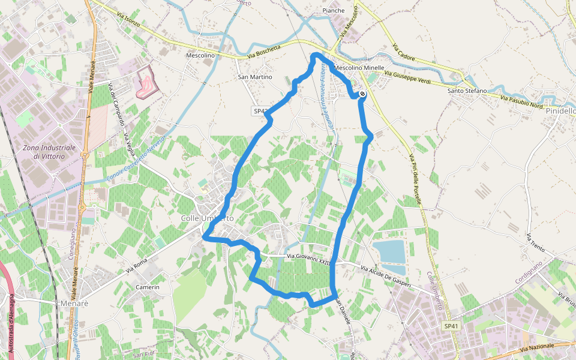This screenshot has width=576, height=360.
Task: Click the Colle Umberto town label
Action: (x=207, y=218)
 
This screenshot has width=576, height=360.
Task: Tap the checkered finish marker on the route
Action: (x=362, y=94)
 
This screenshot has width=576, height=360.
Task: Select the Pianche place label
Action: (x=334, y=11)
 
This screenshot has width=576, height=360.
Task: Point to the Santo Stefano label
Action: (x=467, y=91)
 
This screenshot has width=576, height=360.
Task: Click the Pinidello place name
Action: (x=560, y=111)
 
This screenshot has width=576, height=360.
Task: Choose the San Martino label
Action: (x=255, y=77)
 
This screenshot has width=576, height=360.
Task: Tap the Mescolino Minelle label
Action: (x=359, y=68)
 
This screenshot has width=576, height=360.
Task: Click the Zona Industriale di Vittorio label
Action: (x=49, y=152)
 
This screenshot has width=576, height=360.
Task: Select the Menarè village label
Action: (x=74, y=304)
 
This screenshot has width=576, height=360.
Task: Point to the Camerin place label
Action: (x=148, y=287)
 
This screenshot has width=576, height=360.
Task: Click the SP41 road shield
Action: (x=451, y=326)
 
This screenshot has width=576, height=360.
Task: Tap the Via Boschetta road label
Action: (x=264, y=52)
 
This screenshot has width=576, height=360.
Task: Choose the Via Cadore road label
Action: (x=403, y=54)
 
